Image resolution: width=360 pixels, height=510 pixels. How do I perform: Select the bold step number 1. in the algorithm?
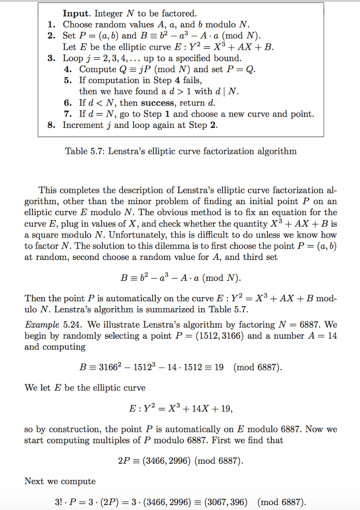point(51,24)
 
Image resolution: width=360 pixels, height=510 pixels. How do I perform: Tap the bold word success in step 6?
point(158,103)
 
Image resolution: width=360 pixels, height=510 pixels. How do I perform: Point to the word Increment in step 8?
point(83,126)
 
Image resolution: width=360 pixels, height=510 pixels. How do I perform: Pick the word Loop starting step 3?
point(73,58)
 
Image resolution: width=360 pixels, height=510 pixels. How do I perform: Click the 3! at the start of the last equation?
point(59,502)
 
